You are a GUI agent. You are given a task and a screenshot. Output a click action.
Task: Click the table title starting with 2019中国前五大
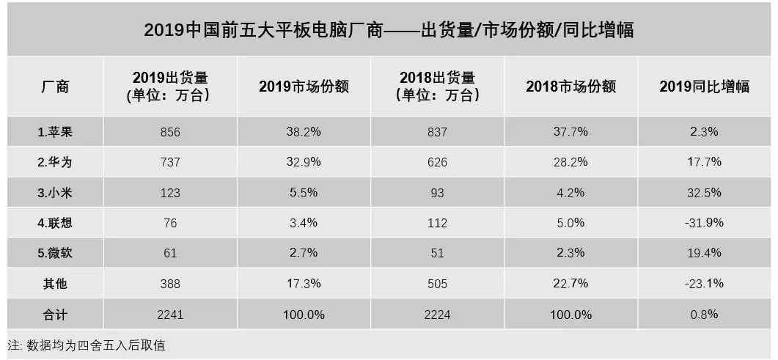(x=389, y=30)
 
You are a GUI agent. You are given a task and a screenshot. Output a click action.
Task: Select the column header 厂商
(x=54, y=86)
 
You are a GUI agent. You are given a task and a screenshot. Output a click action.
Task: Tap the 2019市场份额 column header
(x=304, y=86)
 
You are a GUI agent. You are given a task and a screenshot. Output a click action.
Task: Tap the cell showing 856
(x=169, y=132)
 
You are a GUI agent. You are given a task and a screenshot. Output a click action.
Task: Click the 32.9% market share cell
(x=304, y=162)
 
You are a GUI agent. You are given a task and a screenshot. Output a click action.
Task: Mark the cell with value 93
(x=437, y=193)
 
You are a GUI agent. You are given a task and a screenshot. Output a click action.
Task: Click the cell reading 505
(x=437, y=283)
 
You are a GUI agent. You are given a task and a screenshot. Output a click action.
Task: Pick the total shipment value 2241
(x=169, y=314)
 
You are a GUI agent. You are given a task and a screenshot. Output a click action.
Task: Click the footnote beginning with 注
(x=87, y=345)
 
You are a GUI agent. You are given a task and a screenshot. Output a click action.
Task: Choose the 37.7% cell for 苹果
(x=570, y=132)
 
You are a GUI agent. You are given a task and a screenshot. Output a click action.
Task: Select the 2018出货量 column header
(x=437, y=86)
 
